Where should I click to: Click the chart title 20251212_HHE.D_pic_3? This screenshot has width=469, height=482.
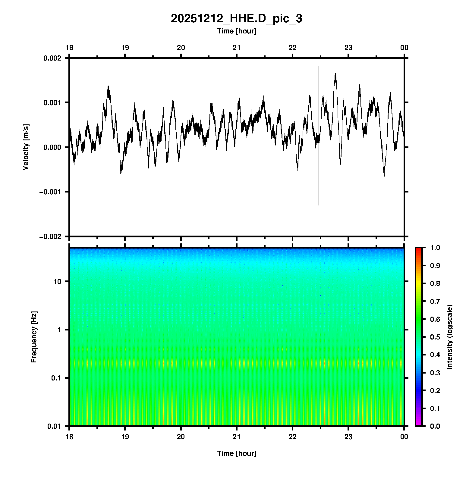[x=236, y=19]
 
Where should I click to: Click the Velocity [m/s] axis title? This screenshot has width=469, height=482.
[x=26, y=147]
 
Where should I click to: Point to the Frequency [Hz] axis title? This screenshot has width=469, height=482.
[x=34, y=337]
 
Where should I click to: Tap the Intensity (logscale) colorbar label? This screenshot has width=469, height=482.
[x=450, y=337]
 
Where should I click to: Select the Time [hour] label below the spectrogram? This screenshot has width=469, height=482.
[x=236, y=453]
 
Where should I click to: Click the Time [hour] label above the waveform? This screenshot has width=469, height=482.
[x=236, y=31]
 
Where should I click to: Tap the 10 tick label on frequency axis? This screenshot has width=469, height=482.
[x=57, y=282]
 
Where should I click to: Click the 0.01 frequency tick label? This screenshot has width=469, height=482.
[x=54, y=426]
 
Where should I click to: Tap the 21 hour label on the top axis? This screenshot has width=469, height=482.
[x=237, y=48]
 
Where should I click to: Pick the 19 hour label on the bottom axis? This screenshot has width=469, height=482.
[x=125, y=437]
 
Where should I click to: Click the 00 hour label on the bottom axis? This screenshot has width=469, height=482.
[x=404, y=437]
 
